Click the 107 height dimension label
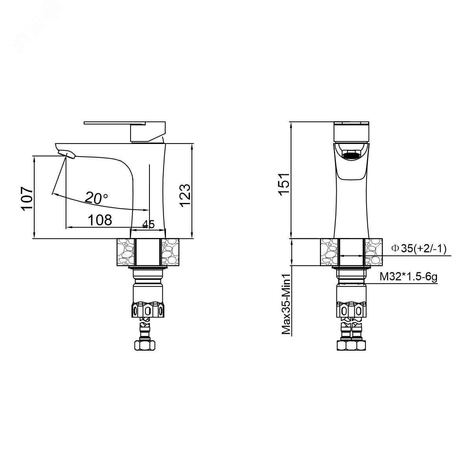pos(27,199)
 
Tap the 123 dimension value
pos(185,195)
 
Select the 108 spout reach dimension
pos(100,220)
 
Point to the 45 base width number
pos(148,224)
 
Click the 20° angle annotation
pos(96,198)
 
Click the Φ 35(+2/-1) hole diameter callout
pos(419,248)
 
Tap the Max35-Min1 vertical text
pos(286,304)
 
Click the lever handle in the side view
pos(125,131)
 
